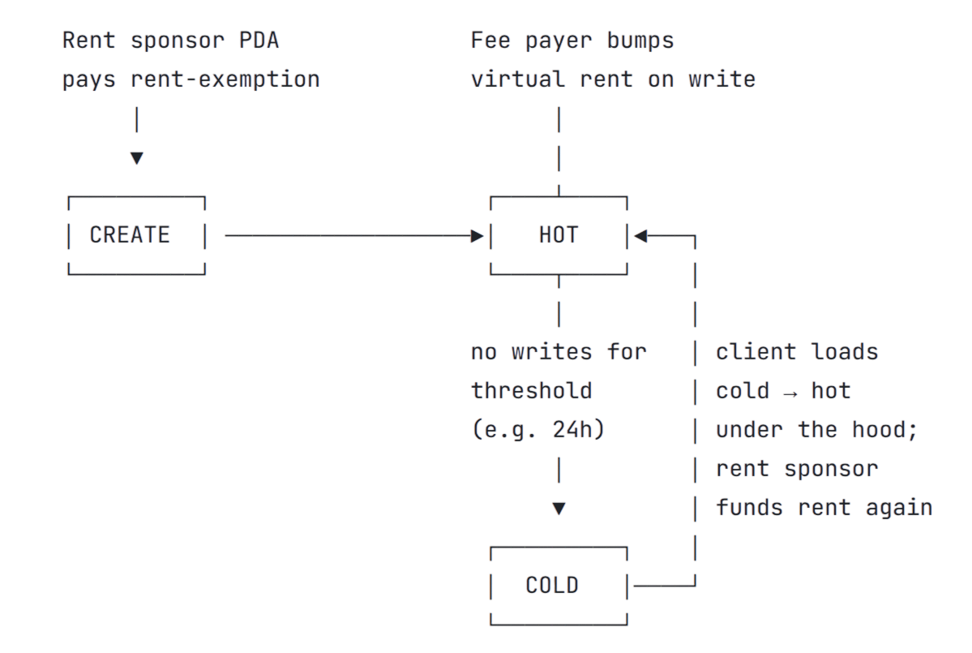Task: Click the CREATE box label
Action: [130, 235]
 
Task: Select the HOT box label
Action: [559, 235]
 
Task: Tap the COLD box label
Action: [552, 586]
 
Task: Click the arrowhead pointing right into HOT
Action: [477, 236]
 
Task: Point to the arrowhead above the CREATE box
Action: [136, 158]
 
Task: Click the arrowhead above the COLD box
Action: [559, 509]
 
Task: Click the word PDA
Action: [259, 41]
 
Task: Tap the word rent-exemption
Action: [225, 79]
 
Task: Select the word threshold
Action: [531, 391]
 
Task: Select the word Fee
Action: [490, 41]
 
